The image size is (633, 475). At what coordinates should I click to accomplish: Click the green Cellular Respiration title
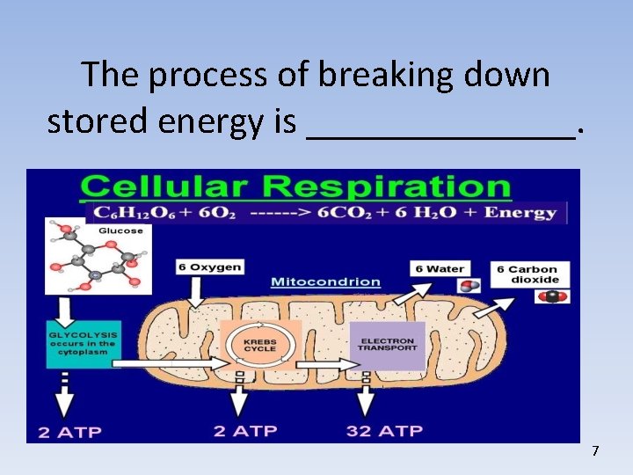[x=295, y=187]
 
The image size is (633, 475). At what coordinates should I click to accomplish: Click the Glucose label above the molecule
[x=120, y=230]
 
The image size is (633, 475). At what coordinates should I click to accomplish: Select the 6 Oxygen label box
[x=209, y=267]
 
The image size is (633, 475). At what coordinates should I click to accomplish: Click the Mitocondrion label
[x=325, y=282]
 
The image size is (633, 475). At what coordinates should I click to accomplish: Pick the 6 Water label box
[x=440, y=268]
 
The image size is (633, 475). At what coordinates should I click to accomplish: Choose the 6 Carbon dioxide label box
[x=533, y=274]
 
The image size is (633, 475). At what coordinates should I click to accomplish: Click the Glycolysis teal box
[x=84, y=343]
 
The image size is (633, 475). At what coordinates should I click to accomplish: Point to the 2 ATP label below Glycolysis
[x=69, y=432]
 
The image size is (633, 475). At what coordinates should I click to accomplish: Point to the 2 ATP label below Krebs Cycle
[x=245, y=431]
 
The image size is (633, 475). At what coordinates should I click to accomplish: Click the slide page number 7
[x=595, y=451]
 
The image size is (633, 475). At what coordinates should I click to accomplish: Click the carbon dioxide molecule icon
[x=553, y=296]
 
